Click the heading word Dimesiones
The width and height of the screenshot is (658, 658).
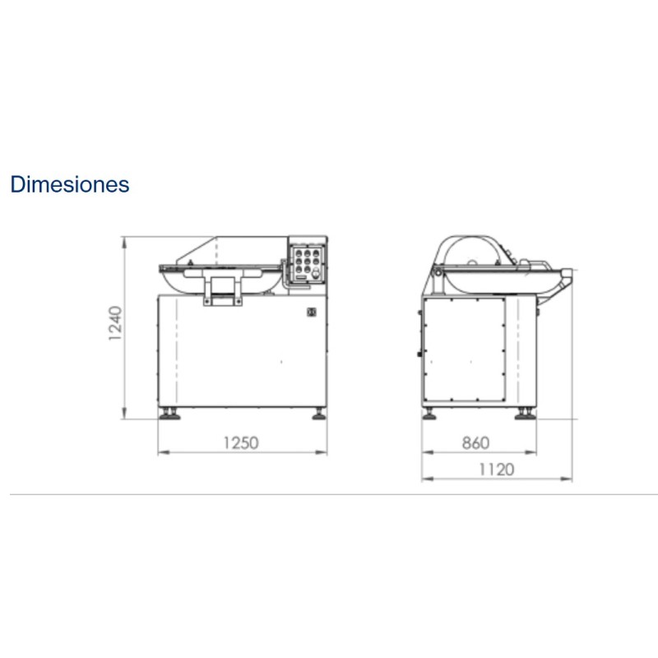(69, 184)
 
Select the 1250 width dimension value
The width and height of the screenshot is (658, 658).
(241, 443)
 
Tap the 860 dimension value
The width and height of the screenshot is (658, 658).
(475, 443)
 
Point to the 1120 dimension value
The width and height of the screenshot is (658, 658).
(497, 470)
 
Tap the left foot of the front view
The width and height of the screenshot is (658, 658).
(172, 414)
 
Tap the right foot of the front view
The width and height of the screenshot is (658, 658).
(319, 414)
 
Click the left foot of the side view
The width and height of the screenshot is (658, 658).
(430, 414)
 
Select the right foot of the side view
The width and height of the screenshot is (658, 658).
(523, 414)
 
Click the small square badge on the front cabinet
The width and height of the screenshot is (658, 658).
(311, 310)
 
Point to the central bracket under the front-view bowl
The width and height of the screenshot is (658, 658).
(220, 291)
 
